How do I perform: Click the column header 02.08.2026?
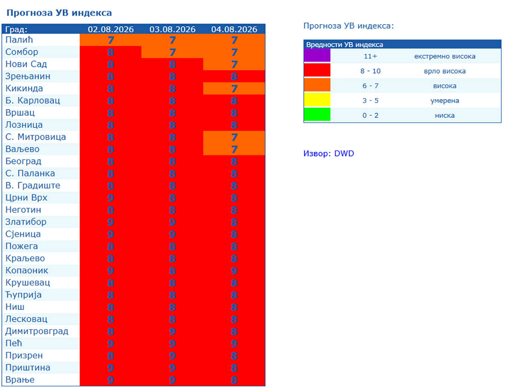111,29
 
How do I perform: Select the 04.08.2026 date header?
234,29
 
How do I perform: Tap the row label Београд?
23,161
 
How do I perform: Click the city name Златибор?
26,222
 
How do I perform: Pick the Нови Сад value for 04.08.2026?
234,64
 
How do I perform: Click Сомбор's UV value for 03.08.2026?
172,52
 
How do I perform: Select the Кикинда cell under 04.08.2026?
234,89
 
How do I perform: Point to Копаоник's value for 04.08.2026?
234,271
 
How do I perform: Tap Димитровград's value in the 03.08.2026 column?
172,331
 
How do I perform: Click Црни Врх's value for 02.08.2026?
111,198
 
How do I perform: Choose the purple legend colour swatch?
317,55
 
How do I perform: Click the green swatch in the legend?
317,114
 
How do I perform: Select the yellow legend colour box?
317,100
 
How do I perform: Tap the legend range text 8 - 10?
370,71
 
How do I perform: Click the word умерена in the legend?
445,100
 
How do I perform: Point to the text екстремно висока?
445,56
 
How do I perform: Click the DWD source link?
344,153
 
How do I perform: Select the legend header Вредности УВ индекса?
344,44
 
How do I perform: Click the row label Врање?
20,380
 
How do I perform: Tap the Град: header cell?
16,29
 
